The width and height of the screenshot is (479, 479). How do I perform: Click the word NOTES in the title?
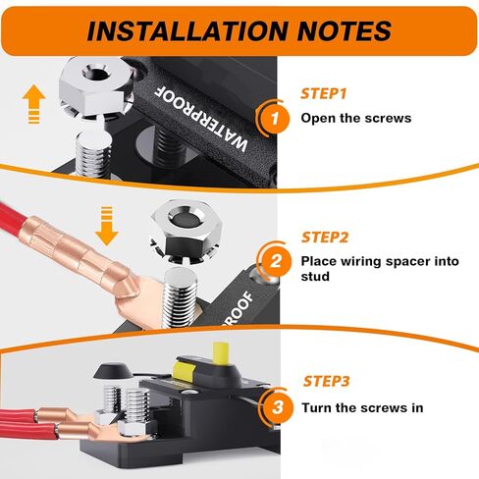345,31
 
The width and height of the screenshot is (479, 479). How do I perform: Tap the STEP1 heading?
323,93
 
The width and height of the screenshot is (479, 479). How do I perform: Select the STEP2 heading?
325,238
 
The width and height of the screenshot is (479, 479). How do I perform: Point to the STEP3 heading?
326,381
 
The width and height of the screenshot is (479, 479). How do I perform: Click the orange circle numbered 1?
275,118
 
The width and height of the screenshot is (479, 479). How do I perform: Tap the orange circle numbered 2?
277,261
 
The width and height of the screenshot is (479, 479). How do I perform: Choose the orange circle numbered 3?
278,407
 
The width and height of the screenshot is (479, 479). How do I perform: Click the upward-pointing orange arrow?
34,104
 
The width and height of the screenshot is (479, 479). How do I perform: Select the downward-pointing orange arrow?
107,226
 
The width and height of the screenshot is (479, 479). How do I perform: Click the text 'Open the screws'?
356,118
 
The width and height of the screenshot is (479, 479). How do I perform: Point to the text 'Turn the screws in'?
362,408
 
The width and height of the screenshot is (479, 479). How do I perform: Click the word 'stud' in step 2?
315,277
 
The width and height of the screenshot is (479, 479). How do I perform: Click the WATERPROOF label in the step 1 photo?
200,119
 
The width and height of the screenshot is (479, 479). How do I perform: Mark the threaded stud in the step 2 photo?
181,297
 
